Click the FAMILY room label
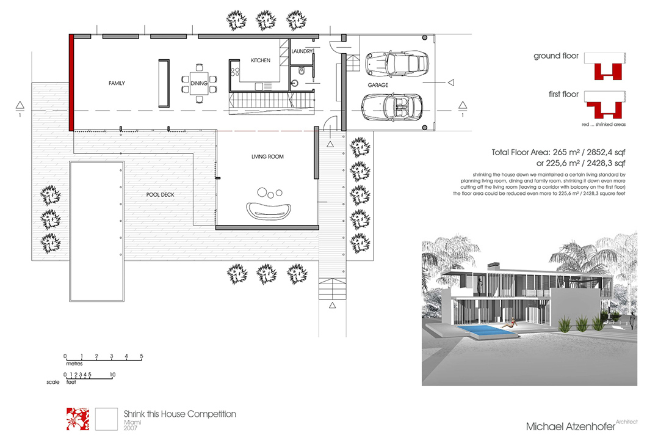117,83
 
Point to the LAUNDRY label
302,51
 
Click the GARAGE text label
378,85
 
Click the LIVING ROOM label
267,157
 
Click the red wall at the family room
71,82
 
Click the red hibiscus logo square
77,419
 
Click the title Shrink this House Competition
179,414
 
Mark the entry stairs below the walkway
332,287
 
